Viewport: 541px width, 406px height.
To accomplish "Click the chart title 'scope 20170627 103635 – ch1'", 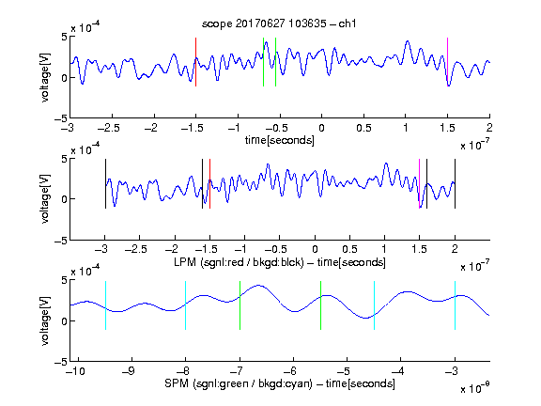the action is click(x=279, y=23).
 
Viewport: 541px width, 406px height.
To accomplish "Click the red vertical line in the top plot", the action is click(x=195, y=62).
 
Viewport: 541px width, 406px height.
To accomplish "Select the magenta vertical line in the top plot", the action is click(x=447, y=62).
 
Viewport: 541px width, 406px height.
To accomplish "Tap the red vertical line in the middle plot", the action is click(x=209, y=183).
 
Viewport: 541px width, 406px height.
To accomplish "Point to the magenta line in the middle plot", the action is click(x=419, y=183).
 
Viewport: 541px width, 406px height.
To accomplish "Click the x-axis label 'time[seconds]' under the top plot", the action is click(x=280, y=140).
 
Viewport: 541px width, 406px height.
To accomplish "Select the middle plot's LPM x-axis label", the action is click(x=280, y=262).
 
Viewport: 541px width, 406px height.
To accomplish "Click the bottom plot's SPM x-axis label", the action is click(x=280, y=383).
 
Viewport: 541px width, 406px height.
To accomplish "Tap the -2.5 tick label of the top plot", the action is click(x=109, y=128).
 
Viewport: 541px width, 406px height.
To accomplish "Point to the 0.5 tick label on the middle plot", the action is click(x=349, y=249).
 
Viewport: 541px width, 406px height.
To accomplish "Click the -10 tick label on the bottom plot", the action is click(x=75, y=371).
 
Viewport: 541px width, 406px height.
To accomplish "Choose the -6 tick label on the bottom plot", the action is click(x=291, y=371).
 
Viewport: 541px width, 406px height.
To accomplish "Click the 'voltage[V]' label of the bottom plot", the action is click(x=45, y=320).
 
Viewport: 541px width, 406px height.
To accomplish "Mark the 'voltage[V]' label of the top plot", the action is click(x=45, y=77).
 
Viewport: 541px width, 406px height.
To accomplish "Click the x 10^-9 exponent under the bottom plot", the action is click(x=475, y=389).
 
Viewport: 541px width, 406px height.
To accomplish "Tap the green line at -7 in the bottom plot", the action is click(x=240, y=305).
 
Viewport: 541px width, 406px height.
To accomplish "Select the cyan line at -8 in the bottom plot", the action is click(x=185, y=305).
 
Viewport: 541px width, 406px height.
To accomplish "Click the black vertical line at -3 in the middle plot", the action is click(x=105, y=183).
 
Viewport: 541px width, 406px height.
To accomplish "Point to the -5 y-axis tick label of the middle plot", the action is click(x=60, y=241).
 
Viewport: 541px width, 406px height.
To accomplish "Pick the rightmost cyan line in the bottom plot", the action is click(x=455, y=305).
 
